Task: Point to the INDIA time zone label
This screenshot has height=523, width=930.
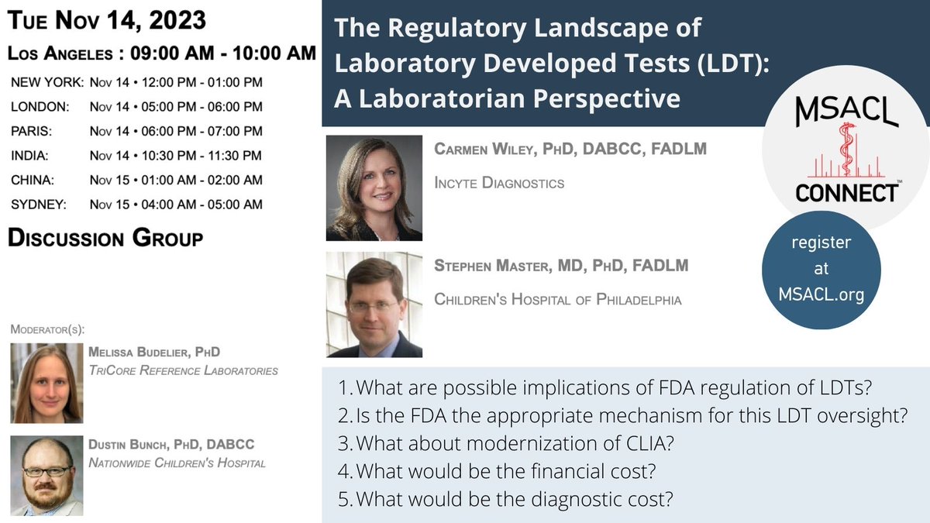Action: tap(29, 156)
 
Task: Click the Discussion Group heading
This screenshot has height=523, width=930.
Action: tap(105, 239)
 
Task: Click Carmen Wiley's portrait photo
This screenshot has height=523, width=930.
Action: tap(374, 188)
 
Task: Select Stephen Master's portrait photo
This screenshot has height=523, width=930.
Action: tap(374, 305)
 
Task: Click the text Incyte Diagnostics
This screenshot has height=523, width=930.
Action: tap(499, 184)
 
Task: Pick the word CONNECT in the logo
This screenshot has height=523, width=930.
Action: tap(846, 193)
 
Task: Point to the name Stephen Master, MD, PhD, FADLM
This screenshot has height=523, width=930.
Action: tap(561, 267)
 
